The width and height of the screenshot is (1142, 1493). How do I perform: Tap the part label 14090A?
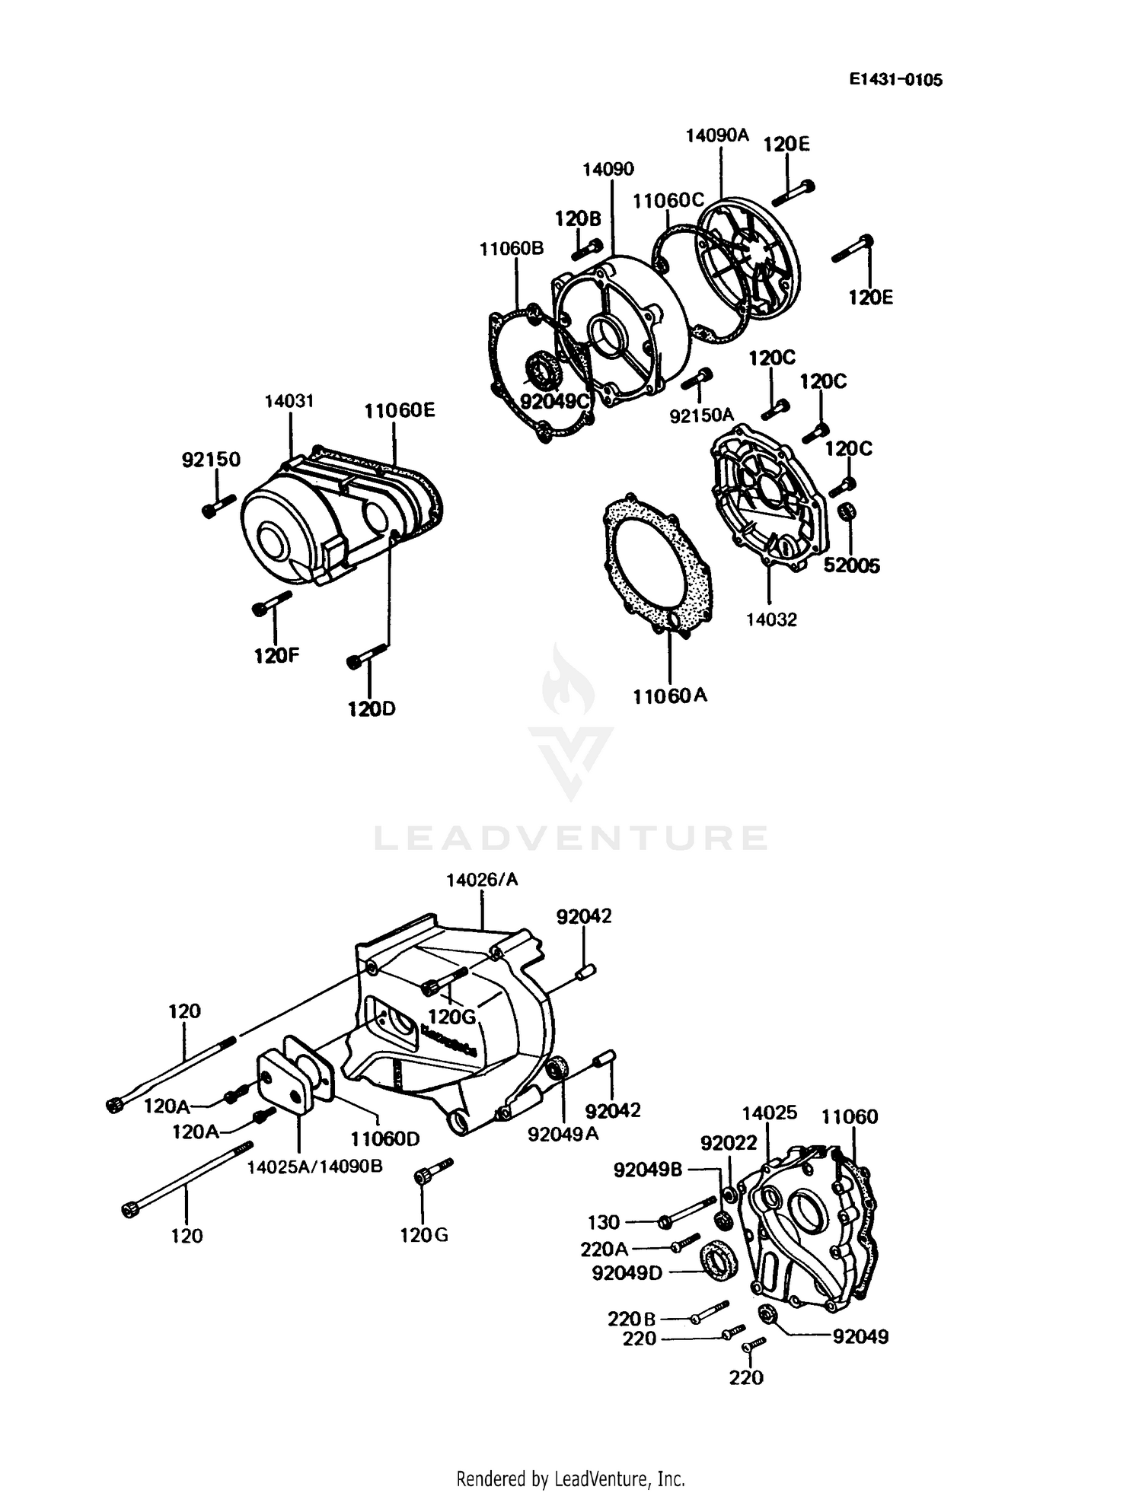click(716, 135)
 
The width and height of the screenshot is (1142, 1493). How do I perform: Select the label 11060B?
click(512, 249)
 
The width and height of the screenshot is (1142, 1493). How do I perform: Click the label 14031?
click(289, 401)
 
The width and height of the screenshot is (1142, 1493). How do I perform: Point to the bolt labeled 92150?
click(219, 505)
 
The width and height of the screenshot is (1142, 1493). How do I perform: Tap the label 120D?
click(372, 709)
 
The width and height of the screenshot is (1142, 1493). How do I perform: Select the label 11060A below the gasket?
click(669, 696)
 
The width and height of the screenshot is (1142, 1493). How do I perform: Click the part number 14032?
click(770, 619)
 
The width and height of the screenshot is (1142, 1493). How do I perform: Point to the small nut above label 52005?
click(847, 511)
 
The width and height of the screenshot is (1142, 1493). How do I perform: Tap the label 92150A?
click(701, 415)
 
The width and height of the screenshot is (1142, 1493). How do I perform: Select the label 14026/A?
click(482, 880)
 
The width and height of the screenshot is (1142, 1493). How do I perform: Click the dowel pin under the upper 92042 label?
click(586, 971)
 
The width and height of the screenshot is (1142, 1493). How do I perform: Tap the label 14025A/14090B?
click(314, 1167)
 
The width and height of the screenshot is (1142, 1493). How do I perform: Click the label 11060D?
click(384, 1139)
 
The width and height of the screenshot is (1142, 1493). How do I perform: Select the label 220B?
click(632, 1318)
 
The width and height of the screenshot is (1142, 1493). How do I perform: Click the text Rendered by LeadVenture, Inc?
click(570, 1458)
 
